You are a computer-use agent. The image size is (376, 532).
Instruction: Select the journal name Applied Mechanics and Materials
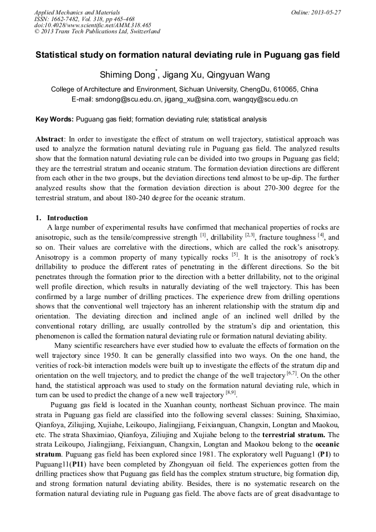(x=77, y=12)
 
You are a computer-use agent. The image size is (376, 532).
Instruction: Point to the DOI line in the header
(x=92, y=25)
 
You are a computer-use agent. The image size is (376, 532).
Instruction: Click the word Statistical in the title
(x=57, y=55)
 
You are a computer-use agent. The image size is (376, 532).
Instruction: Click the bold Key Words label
(x=54, y=119)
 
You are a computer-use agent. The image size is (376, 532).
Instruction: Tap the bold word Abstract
(x=50, y=139)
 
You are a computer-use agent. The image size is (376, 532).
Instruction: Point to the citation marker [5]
(x=235, y=256)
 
